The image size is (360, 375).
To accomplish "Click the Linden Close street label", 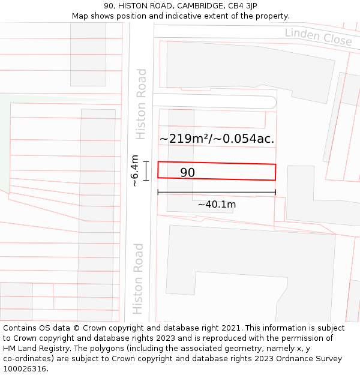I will click(318, 37).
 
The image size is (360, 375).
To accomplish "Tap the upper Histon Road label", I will click(141, 104).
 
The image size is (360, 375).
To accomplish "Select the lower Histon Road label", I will click(139, 278).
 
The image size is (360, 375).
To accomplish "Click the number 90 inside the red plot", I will click(188, 173).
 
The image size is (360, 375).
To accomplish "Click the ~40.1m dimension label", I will click(217, 205).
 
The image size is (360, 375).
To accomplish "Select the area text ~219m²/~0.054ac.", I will click(217, 139).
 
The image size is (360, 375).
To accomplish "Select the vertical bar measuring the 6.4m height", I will click(146, 170).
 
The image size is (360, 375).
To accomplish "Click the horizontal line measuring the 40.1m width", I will click(217, 193).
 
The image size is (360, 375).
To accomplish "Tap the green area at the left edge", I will click(5, 144).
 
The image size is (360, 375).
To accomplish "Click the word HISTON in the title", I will click(142, 6).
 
